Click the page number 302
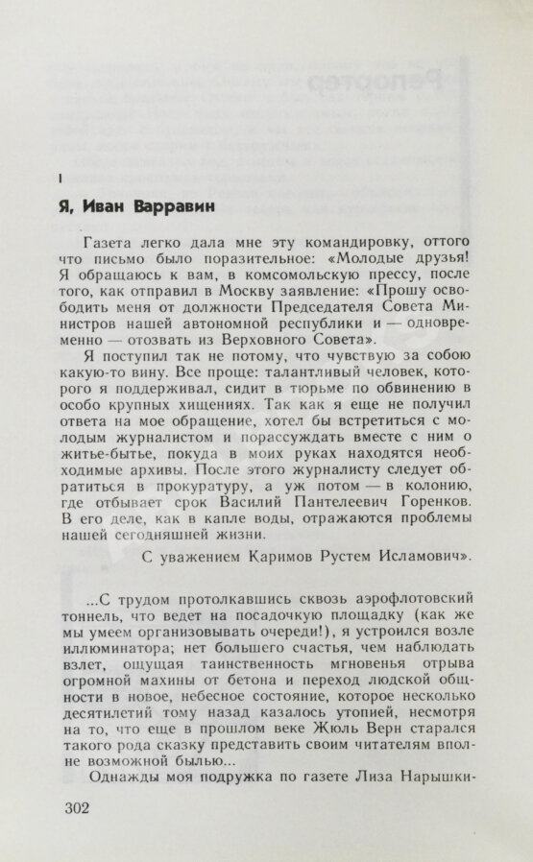(x=73, y=807)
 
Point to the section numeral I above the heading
(x=61, y=179)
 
